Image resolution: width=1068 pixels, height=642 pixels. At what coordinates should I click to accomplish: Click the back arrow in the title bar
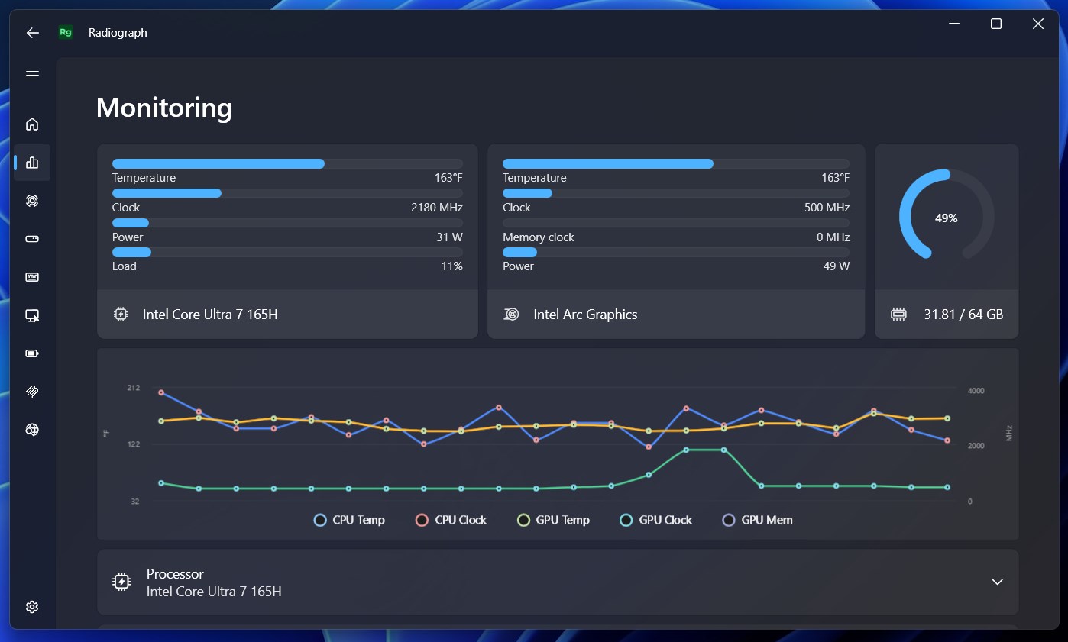(32, 33)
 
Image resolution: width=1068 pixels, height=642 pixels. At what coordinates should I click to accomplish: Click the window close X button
(1038, 24)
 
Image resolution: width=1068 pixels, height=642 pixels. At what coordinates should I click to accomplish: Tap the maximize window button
(996, 24)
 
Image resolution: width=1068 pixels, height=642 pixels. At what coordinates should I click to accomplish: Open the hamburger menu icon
(32, 76)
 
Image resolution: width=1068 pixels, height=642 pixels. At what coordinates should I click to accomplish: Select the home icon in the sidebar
(32, 124)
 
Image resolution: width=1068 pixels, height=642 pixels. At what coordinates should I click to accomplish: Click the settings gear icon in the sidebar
(32, 607)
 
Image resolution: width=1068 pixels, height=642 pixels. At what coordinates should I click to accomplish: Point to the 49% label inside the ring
(946, 218)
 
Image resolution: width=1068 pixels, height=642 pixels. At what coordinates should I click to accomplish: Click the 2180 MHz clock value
(437, 208)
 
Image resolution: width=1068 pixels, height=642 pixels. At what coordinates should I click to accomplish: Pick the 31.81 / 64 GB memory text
(963, 315)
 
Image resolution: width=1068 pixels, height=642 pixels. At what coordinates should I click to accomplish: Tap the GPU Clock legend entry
(655, 520)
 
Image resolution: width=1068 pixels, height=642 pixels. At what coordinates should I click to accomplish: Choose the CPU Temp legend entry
(349, 520)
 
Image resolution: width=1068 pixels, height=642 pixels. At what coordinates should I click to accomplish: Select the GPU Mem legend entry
(758, 520)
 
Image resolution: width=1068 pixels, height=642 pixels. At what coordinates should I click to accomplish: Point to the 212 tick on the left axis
(134, 388)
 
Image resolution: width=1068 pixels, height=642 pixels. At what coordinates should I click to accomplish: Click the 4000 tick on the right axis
(976, 391)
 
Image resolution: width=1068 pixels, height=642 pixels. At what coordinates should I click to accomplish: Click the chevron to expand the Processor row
(998, 582)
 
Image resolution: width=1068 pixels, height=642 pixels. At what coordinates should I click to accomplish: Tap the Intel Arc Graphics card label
(585, 315)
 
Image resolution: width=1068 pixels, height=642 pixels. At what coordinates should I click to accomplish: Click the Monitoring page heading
(164, 108)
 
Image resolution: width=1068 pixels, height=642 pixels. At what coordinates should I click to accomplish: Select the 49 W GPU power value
(837, 266)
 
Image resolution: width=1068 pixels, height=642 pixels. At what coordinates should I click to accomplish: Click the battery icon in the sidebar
(32, 353)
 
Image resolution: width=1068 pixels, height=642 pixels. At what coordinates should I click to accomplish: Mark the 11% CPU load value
(452, 266)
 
